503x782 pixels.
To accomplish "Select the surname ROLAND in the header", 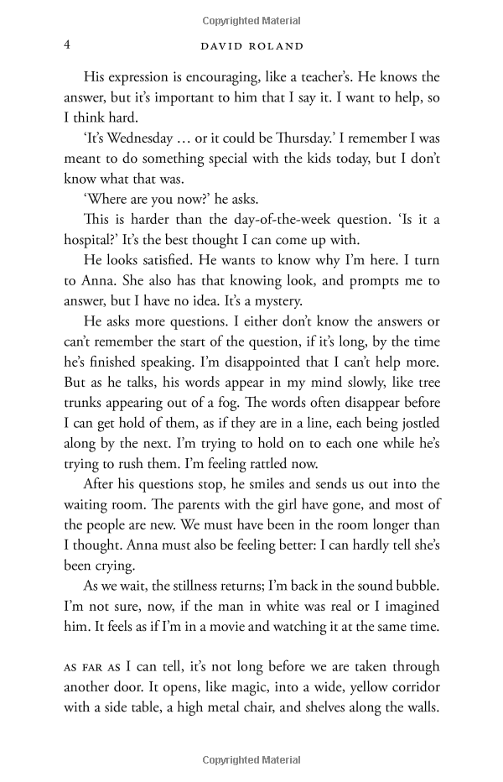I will point(273,46).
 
